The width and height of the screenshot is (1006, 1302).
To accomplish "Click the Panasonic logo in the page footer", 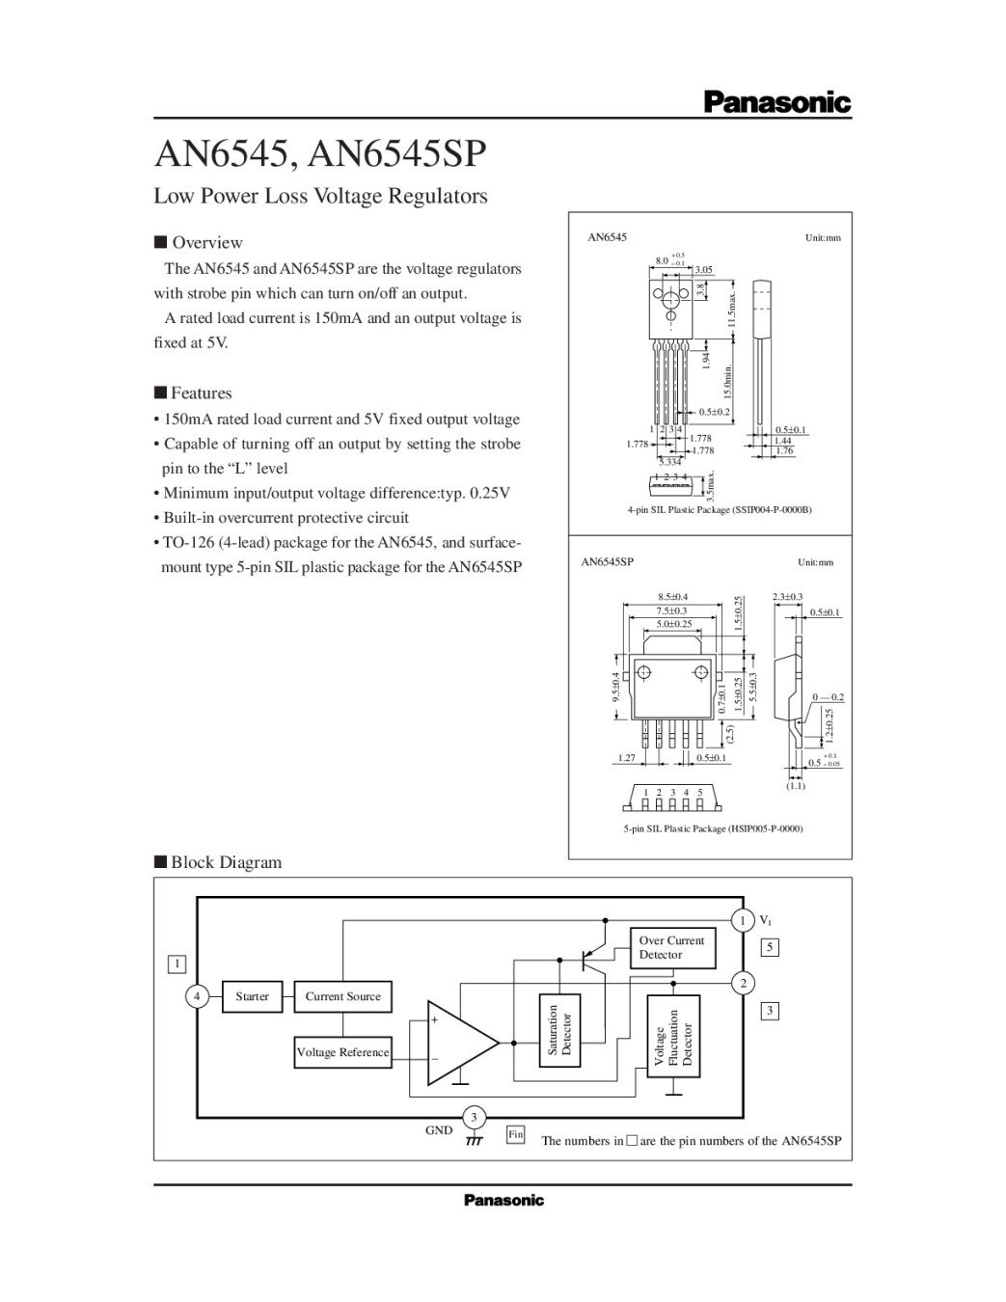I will pos(503,1200).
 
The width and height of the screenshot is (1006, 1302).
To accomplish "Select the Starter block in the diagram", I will pos(252,996).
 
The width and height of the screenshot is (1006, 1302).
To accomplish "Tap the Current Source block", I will pos(342,996).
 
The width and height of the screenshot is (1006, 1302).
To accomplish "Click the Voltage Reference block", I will pos(342,1052).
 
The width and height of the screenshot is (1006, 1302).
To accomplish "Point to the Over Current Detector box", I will pos(673,948).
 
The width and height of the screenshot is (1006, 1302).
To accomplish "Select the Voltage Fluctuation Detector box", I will pos(673,1037).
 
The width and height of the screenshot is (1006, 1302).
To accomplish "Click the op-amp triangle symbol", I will pos(459,1043).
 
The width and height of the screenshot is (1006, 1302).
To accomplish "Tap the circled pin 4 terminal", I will pos(197,996).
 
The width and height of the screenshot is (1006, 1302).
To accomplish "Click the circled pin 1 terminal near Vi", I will pos(743,921).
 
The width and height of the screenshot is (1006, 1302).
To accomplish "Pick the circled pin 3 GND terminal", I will pos(474,1118).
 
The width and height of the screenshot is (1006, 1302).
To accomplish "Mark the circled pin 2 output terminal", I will pos(743,983).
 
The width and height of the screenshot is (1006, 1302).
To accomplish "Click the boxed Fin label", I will pos(516,1135).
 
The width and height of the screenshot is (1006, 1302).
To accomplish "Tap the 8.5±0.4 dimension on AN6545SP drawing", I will pos(672,597).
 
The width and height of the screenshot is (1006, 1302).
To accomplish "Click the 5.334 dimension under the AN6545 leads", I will pos(669,461).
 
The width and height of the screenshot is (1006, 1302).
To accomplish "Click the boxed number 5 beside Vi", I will pos(770,947).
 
